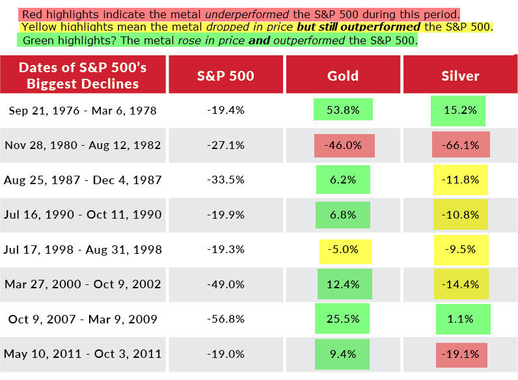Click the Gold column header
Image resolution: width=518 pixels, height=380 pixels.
(342, 75)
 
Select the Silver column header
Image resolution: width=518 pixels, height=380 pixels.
(459, 75)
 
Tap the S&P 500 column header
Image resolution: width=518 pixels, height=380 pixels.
(225, 75)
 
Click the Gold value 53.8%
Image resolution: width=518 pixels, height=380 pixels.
(342, 110)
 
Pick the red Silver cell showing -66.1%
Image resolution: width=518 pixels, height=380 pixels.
(461, 145)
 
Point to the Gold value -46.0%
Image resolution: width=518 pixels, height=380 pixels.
(344, 145)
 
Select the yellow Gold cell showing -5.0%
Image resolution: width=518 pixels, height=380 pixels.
(345, 250)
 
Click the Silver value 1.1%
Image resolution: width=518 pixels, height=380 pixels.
(463, 319)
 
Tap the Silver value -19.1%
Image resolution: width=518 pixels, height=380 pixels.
(462, 354)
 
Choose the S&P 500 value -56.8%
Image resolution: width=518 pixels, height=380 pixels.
(225, 319)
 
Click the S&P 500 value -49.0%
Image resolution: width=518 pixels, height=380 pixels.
(225, 284)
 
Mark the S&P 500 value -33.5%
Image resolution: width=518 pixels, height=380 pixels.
(225, 180)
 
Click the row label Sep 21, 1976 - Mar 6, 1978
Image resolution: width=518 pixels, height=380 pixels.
(83, 111)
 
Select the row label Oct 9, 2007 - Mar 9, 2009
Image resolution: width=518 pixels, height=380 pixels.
(83, 319)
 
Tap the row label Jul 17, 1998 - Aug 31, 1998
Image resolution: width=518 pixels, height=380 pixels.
(83, 250)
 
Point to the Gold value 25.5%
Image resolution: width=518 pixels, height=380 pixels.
(343, 319)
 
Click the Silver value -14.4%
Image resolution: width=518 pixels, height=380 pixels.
(461, 284)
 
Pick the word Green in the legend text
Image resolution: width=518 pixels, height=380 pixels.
(38, 40)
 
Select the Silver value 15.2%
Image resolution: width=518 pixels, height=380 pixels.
(458, 110)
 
